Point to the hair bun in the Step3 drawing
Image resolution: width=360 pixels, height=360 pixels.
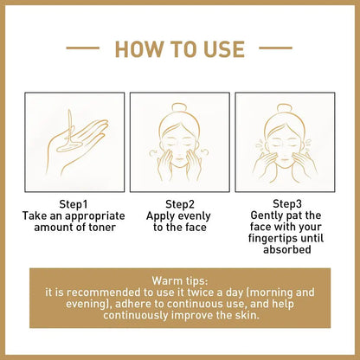coord(285,111)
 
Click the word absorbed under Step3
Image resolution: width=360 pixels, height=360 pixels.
coord(286,251)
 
